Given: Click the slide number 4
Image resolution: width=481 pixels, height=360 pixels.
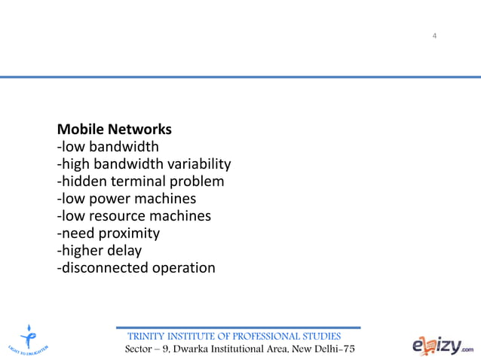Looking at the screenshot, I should (435, 36).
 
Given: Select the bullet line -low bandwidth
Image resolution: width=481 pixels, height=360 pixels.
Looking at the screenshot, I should (108, 146).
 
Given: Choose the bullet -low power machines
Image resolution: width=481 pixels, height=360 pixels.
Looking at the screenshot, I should (127, 199).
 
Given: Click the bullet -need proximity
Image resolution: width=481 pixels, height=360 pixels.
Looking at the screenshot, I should (109, 233).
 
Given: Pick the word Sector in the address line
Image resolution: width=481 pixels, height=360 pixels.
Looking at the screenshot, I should (140, 350).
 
